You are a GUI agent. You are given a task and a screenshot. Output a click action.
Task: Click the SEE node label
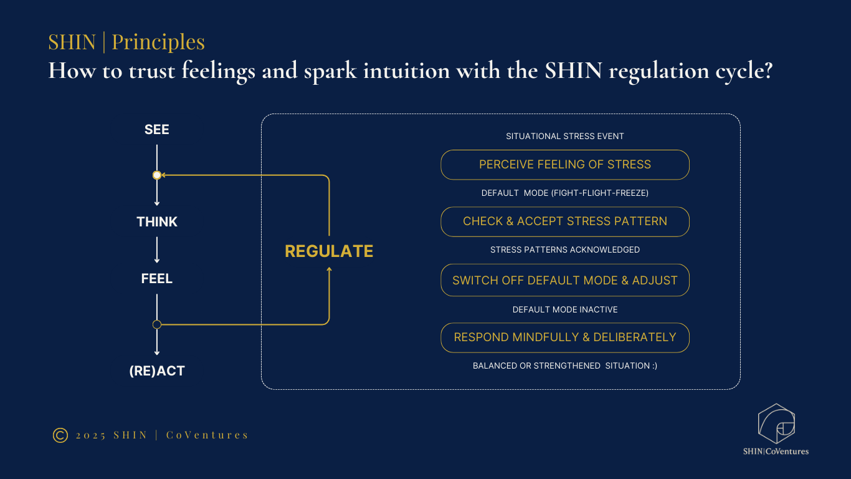pos(157,130)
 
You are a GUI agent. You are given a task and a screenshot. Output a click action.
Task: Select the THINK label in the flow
pos(157,222)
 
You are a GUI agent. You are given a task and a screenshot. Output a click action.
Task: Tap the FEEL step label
pos(157,279)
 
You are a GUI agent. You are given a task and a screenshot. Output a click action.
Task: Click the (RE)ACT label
pos(157,371)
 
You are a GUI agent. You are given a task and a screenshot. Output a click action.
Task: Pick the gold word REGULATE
pos(329,251)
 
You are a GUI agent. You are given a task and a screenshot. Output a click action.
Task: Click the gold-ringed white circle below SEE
pos(157,175)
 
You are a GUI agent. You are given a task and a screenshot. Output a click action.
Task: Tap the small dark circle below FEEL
pos(157,324)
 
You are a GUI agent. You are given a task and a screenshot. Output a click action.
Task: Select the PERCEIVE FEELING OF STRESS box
pos(564,165)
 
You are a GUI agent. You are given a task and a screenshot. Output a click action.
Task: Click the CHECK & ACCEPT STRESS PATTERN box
pos(564,221)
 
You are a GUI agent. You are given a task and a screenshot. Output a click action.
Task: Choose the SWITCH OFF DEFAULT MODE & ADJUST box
pos(564,281)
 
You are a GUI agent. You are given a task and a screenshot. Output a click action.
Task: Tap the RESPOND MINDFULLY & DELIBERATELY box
pos(564,337)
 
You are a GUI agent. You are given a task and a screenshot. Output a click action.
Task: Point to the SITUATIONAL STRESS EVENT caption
pos(564,136)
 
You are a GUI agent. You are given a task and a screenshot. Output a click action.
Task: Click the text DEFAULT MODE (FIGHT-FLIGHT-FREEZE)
pos(564,193)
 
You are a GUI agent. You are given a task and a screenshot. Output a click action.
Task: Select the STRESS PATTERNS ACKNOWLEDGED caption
pos(564,250)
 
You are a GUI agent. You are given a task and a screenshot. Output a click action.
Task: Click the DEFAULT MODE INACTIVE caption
pos(564,309)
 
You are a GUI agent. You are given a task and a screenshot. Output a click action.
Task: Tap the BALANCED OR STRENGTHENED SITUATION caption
pos(564,366)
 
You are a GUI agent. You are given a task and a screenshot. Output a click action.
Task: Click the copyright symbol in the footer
pos(60,435)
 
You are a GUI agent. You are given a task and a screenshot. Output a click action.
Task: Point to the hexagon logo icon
pos(776,423)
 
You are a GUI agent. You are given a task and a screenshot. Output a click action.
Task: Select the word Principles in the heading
pos(158,42)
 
